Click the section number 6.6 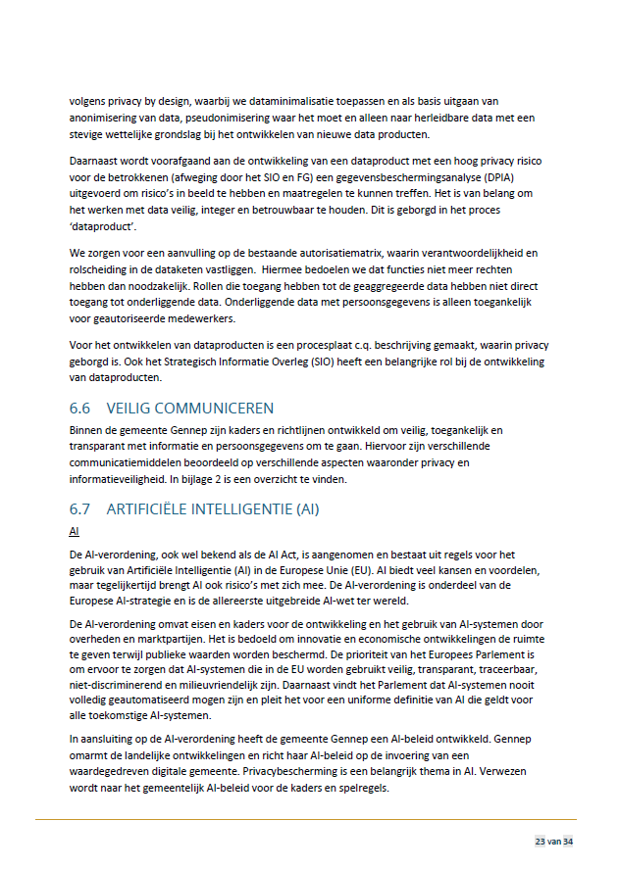81,408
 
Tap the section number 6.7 81,509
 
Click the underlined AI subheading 75,531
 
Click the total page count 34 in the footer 568,842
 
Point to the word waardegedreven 117,772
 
